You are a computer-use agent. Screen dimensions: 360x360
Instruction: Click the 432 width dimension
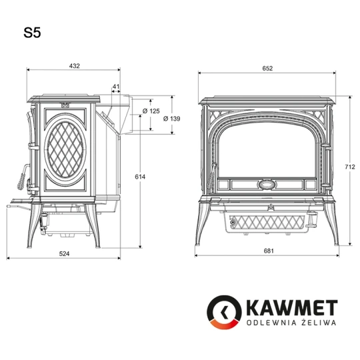[74, 65]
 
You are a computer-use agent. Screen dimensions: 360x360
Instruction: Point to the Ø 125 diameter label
[151, 111]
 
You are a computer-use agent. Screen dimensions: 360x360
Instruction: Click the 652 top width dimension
[267, 69]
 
